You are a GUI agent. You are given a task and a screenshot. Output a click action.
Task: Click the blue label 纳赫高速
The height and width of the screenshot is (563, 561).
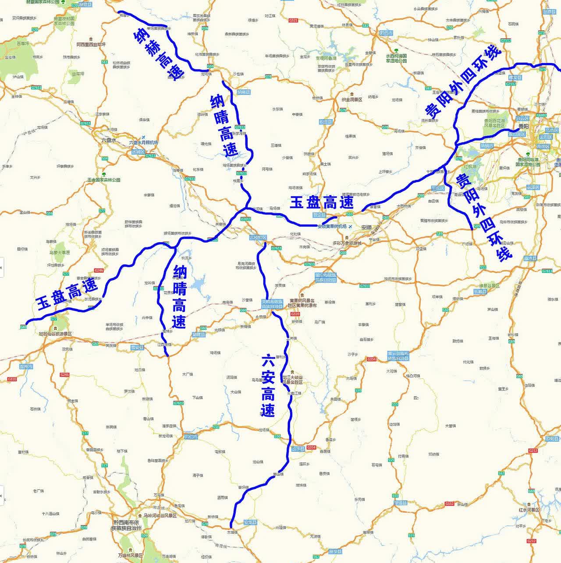(x=160, y=53)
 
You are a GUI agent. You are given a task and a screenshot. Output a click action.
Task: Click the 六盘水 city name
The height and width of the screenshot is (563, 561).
(x=108, y=140)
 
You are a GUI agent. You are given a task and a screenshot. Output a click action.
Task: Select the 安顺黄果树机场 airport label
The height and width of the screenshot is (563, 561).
(x=332, y=226)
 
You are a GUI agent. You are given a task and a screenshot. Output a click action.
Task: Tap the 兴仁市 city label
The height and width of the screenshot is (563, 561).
(x=191, y=437)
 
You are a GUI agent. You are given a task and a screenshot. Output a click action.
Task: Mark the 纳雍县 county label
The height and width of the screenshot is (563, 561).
(x=243, y=92)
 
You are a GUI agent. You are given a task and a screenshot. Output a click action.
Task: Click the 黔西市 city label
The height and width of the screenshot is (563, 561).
(x=386, y=32)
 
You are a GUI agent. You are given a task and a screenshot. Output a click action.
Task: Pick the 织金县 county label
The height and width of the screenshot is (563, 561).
(x=326, y=121)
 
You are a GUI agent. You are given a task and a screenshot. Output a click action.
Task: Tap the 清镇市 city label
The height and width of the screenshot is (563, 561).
(x=486, y=145)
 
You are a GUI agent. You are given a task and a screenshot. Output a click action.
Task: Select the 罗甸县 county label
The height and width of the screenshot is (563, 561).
(x=551, y=438)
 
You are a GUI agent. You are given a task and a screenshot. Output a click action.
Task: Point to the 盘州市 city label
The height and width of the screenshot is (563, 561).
(x=26, y=366)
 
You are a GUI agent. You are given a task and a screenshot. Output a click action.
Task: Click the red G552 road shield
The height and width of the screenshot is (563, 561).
(x=449, y=504)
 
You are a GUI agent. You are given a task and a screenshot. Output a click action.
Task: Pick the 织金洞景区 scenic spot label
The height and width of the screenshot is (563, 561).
(x=352, y=100)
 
